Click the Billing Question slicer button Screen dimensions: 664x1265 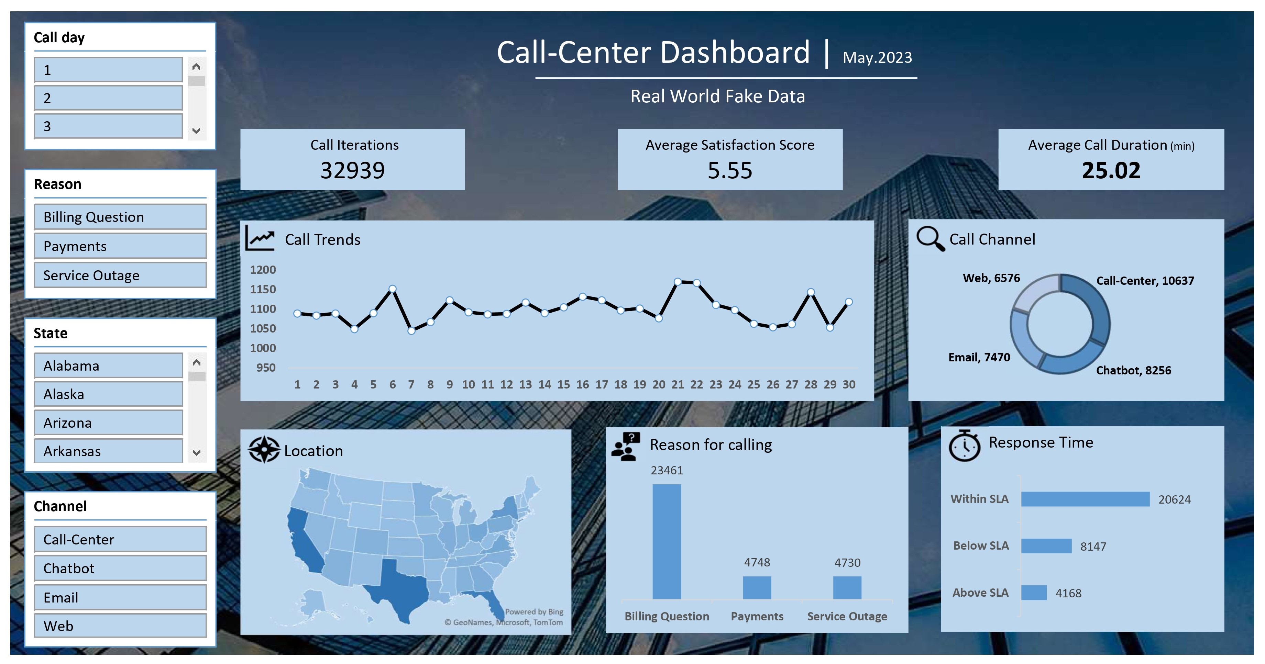pyautogui.click(x=120, y=217)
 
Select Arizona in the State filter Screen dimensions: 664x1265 pyautogui.click(x=108, y=423)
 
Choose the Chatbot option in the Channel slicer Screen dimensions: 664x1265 pyautogui.click(x=120, y=568)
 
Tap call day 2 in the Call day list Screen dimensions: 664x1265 pyautogui.click(x=108, y=98)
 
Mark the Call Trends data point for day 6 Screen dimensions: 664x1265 pyautogui.click(x=392, y=289)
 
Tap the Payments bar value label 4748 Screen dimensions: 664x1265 pyautogui.click(x=757, y=562)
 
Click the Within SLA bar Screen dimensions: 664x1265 pyautogui.click(x=1085, y=499)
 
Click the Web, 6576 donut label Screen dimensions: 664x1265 pyautogui.click(x=991, y=278)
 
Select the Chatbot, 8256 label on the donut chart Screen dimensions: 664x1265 pyautogui.click(x=1133, y=371)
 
